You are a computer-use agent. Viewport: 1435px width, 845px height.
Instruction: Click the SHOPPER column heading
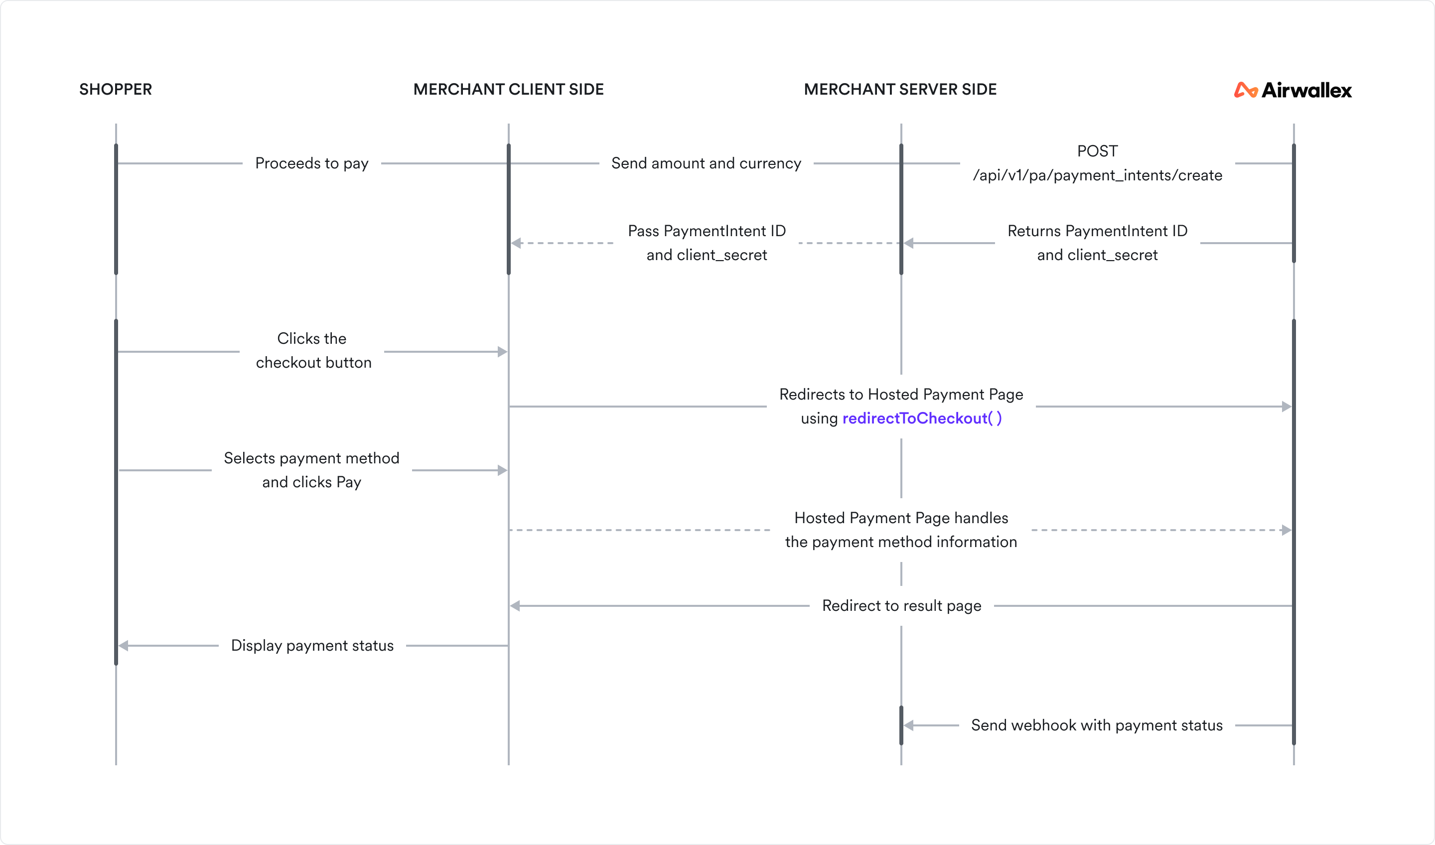116,89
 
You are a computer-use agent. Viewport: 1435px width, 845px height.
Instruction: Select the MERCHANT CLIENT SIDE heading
509,89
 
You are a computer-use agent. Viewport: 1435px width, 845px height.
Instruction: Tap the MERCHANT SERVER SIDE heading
900,89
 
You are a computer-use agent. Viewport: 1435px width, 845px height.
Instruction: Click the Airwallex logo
1293,90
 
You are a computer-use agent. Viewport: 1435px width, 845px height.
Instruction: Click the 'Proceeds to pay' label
311,163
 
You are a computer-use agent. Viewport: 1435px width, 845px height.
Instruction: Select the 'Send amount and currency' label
706,163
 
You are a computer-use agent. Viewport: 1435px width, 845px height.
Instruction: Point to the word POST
1097,151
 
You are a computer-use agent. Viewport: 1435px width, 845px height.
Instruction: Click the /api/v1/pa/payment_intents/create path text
1097,175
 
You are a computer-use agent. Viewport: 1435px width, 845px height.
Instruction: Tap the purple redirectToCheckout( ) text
922,419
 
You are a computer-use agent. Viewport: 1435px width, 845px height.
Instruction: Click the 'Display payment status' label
312,646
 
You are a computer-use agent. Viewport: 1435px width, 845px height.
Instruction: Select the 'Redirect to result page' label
901,606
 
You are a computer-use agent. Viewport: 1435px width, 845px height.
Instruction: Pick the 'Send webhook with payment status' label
1097,725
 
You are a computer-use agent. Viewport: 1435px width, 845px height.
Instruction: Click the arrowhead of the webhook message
909,725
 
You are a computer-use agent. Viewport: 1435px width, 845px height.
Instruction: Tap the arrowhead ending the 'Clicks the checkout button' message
502,352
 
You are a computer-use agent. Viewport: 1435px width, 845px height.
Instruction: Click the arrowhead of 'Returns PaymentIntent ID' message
909,243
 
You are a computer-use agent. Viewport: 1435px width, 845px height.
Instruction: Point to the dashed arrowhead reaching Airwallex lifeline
1286,530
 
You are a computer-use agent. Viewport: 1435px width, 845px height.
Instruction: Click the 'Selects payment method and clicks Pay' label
311,470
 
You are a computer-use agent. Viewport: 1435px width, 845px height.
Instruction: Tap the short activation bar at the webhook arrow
901,725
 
